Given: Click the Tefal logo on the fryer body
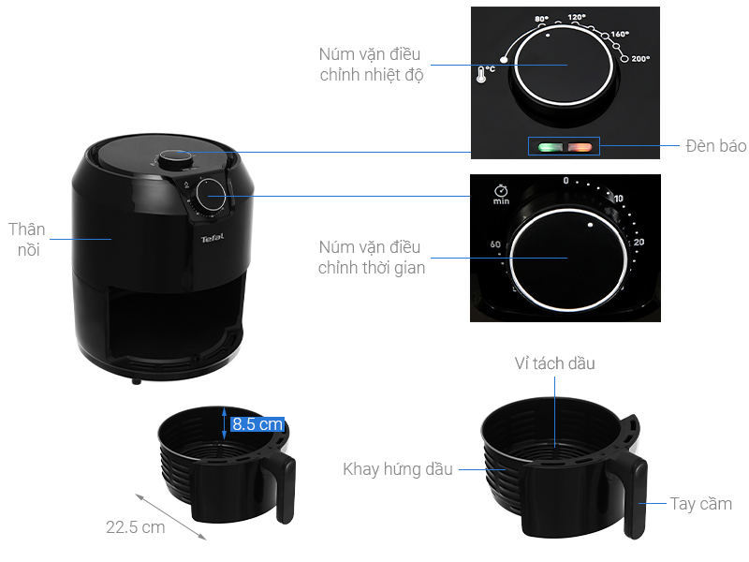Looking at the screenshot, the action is [x=213, y=238].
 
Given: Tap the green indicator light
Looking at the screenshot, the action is [x=550, y=147].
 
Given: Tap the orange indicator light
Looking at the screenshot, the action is [x=580, y=147].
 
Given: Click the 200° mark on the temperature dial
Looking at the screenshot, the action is [x=640, y=59].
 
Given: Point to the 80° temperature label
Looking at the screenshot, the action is [x=541, y=19].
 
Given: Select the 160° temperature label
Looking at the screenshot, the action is [x=620, y=34].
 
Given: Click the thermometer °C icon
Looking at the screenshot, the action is [x=485, y=74].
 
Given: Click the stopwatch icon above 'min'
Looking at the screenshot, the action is [x=501, y=190].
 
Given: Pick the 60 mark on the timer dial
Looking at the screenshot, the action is [x=495, y=244].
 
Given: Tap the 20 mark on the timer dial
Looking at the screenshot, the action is [x=639, y=242].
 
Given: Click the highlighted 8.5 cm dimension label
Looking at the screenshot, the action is [x=257, y=424].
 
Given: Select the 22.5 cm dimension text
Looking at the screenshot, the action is [x=136, y=527].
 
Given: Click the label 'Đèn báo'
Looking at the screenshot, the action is [x=715, y=146].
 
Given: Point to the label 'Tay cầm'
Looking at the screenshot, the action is [x=700, y=504].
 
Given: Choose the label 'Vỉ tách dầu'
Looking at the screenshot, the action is [x=554, y=363].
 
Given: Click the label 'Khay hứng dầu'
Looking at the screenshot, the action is [x=397, y=469].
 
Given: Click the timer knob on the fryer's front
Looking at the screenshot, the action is [x=211, y=195].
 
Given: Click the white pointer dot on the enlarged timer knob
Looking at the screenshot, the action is [x=591, y=225].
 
